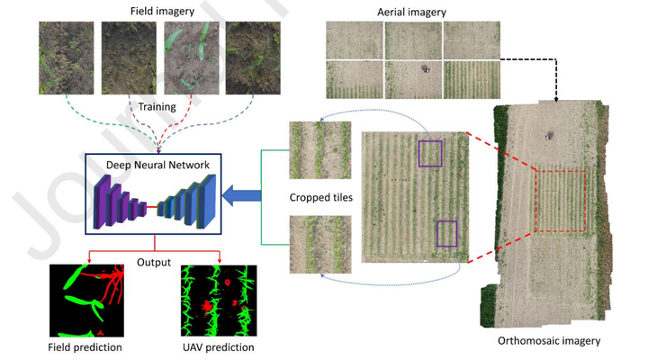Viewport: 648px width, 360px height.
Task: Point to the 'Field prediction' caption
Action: pos(85,346)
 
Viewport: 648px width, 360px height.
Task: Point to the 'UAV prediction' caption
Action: pos(217,346)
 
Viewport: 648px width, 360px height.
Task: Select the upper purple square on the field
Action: pos(430,153)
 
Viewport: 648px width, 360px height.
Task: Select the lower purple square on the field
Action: pos(448,233)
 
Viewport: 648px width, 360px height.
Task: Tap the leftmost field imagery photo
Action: pos(65,58)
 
